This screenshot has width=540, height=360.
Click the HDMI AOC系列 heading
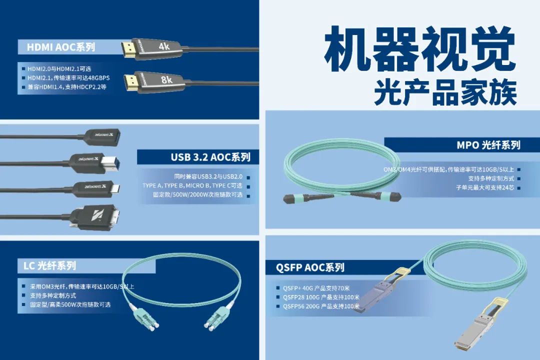61,47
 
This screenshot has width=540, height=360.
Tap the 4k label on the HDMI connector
164,46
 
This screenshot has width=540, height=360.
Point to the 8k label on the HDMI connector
166,79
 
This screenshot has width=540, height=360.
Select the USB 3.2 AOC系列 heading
210,157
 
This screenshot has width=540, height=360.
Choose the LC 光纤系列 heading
49,265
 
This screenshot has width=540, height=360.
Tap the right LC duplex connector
218,315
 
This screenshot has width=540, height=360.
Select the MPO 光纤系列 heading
488,145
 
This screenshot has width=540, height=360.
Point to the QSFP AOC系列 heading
310,267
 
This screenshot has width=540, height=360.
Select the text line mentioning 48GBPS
68,78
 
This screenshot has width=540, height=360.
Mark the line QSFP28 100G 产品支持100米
321,297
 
